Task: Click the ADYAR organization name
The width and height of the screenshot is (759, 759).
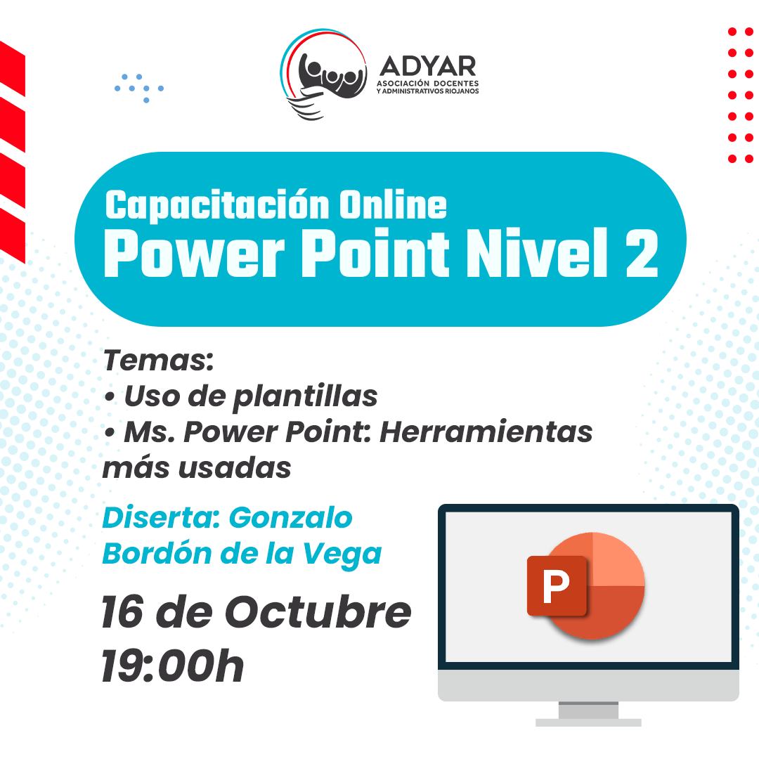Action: click(x=428, y=66)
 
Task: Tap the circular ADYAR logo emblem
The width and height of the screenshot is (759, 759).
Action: click(x=323, y=74)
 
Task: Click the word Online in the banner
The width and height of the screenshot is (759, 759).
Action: click(x=393, y=205)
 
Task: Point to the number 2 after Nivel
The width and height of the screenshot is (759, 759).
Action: click(x=642, y=253)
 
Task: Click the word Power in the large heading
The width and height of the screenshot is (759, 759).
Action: click(x=194, y=253)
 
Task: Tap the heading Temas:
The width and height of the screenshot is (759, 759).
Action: click(x=158, y=361)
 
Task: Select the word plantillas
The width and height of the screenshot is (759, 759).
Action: click(x=305, y=397)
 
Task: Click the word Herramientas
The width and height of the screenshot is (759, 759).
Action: click(x=486, y=432)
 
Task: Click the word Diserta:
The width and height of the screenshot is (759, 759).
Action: click(x=161, y=518)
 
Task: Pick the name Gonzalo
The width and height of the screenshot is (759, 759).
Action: click(x=290, y=518)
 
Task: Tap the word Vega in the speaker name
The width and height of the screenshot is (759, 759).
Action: click(x=342, y=554)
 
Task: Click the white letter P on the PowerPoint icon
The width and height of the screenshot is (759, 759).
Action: click(x=556, y=585)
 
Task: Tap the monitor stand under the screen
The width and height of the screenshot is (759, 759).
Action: click(x=588, y=713)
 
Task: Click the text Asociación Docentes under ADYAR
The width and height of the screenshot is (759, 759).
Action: click(x=428, y=83)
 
